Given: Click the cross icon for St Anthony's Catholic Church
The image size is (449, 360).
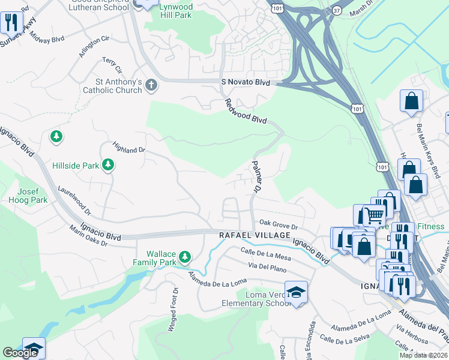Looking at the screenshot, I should (151, 86).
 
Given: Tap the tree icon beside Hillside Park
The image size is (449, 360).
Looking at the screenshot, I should (108, 164).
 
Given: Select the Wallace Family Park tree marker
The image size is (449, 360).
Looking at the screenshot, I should (185, 257).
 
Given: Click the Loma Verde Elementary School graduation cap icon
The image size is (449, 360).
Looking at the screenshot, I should (296, 292).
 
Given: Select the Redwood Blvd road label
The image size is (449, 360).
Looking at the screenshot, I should (246, 111).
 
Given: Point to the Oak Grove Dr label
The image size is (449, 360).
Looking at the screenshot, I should (279, 226).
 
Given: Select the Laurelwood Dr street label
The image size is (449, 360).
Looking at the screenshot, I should (74, 200).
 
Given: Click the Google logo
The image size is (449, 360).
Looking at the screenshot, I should (20, 353).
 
